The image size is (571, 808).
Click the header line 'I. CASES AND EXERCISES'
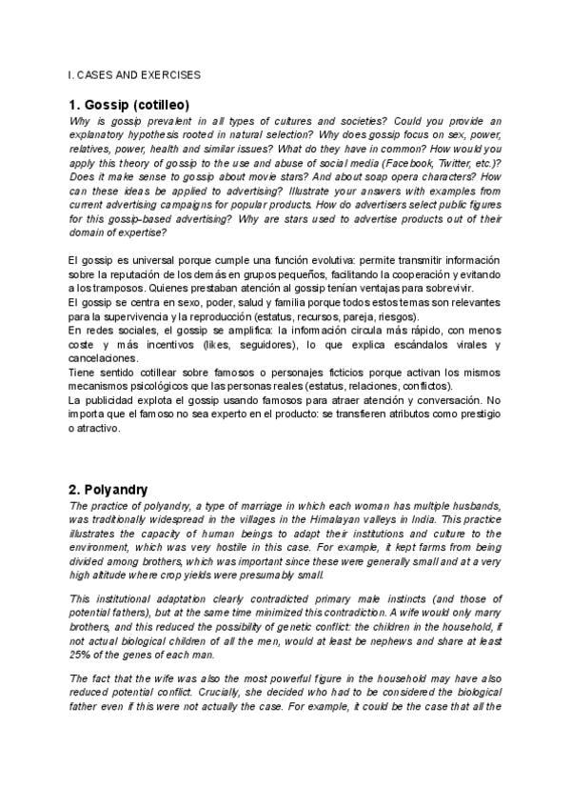tap(134, 73)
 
